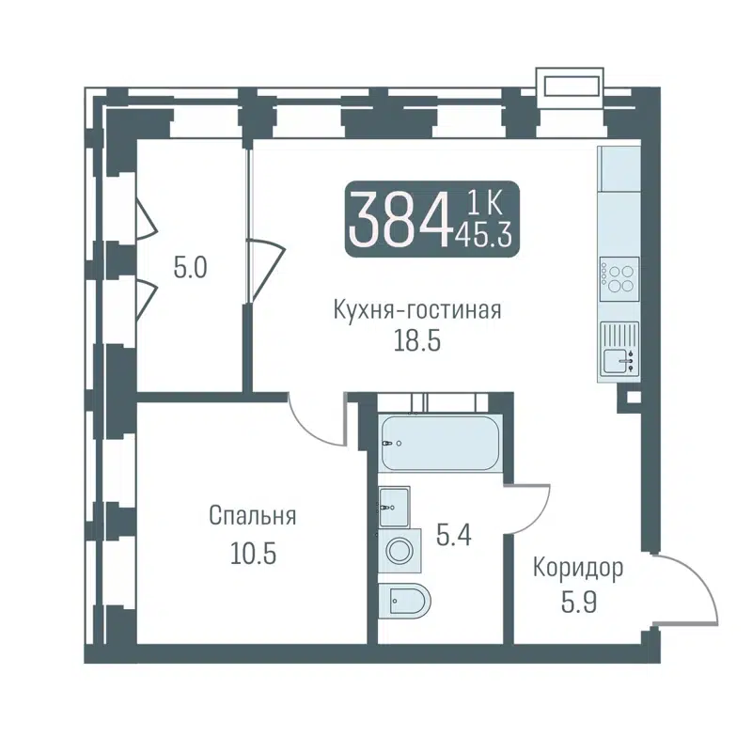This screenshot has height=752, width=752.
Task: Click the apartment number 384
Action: click(x=397, y=219)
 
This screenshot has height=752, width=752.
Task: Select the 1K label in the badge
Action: click(x=483, y=201)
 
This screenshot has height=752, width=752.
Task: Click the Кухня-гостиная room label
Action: click(x=416, y=310)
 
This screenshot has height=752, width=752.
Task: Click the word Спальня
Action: click(x=253, y=516)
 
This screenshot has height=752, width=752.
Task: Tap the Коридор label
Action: click(x=578, y=569)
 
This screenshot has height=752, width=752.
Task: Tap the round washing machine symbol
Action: click(x=399, y=551)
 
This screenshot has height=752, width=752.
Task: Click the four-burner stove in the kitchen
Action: click(x=618, y=277)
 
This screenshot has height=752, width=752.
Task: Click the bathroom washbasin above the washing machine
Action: click(x=394, y=508)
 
